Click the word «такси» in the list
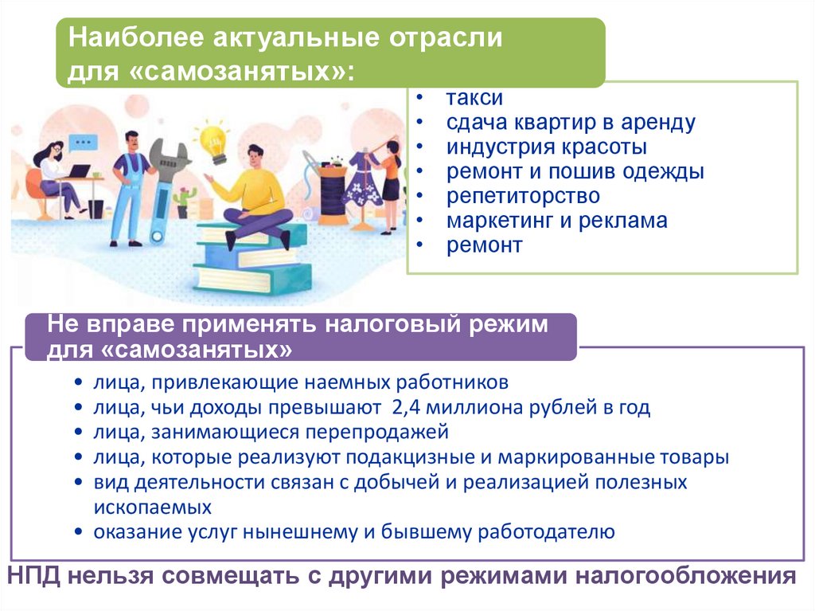tap(474, 98)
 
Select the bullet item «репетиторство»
tap(523, 197)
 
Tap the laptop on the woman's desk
tap(78, 171)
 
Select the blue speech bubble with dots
tap(82, 142)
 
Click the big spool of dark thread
tap(333, 194)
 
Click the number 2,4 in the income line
tap(405, 408)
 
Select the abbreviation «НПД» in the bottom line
tap(34, 577)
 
